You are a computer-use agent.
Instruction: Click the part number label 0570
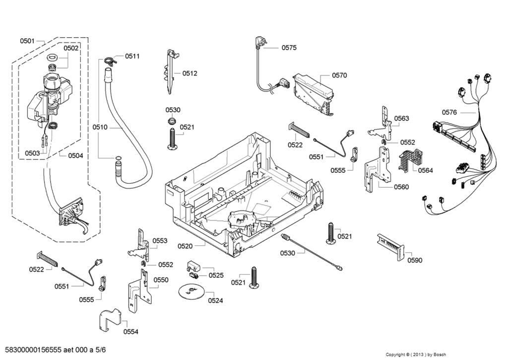(x=339, y=75)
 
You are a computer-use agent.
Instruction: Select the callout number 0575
(x=289, y=48)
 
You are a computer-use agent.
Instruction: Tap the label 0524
(x=215, y=300)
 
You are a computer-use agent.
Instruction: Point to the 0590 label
(x=415, y=260)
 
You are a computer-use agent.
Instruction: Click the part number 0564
(x=425, y=170)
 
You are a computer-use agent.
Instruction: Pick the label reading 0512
(x=190, y=73)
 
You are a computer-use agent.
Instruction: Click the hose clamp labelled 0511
(x=110, y=61)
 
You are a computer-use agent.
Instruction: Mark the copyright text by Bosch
(x=416, y=354)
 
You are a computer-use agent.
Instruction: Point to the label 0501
(x=27, y=41)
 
